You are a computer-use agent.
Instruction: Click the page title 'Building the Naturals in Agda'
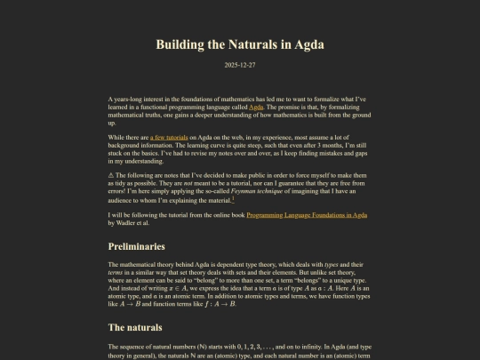(x=239, y=44)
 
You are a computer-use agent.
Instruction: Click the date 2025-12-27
(x=239, y=64)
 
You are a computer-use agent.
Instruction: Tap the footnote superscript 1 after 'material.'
(x=258, y=199)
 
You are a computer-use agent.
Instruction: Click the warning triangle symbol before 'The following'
(x=111, y=176)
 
